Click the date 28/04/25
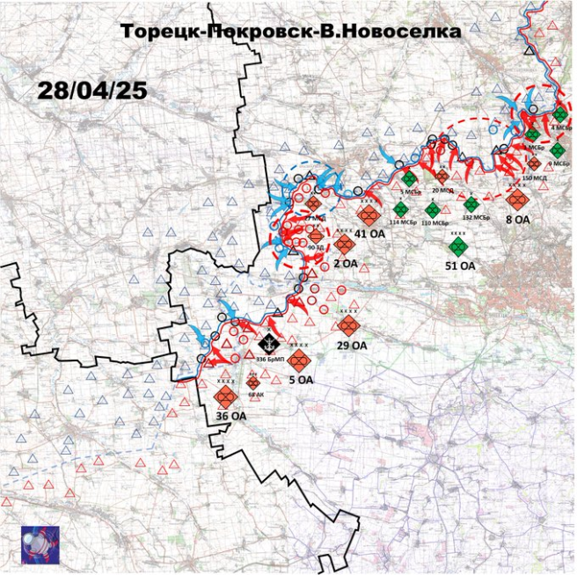pyautogui.click(x=92, y=91)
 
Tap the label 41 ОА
pyautogui.click(x=370, y=234)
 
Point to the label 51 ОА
pyautogui.click(x=460, y=265)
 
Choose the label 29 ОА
pyautogui.click(x=352, y=346)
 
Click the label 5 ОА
pyautogui.click(x=301, y=380)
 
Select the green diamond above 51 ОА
pyautogui.click(x=456, y=247)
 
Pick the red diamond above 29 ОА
pyautogui.click(x=347, y=325)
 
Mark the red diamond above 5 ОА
pyautogui.click(x=299, y=360)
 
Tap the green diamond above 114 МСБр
pyautogui.click(x=400, y=209)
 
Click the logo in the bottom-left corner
pyautogui.click(x=40, y=545)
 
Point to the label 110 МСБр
pyautogui.click(x=434, y=223)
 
